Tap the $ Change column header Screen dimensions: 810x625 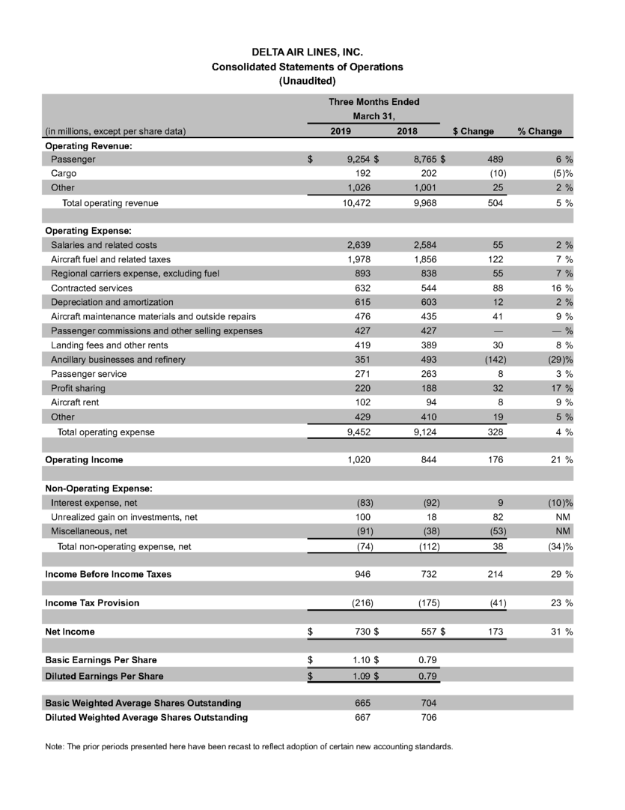point(473,131)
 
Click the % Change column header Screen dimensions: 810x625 point(540,131)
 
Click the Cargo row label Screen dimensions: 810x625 point(64,174)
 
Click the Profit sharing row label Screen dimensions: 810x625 point(78,387)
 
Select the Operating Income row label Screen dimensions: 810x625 point(84,459)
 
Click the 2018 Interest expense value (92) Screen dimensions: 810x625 point(424,503)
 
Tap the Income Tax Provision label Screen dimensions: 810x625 point(92,602)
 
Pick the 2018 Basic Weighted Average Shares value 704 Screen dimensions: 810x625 point(426,704)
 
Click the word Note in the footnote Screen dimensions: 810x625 point(55,747)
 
